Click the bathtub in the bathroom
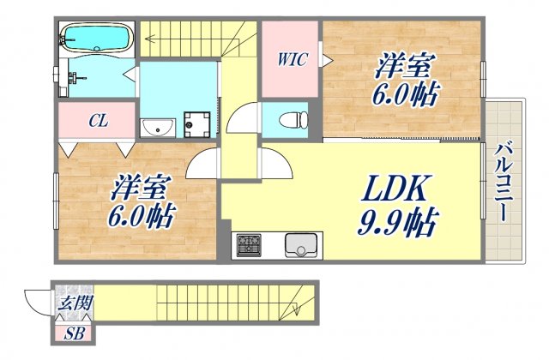tap(95, 38)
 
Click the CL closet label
tap(97, 121)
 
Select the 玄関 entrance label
tap(75, 303)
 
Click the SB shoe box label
tap(75, 333)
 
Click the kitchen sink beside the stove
tap(302, 245)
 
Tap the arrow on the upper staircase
tap(150, 37)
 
